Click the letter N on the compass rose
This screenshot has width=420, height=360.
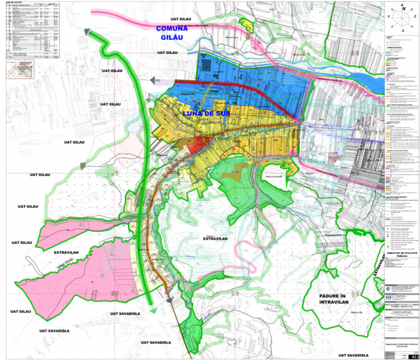(403, 9)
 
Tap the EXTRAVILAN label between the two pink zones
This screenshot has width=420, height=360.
(67, 253)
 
